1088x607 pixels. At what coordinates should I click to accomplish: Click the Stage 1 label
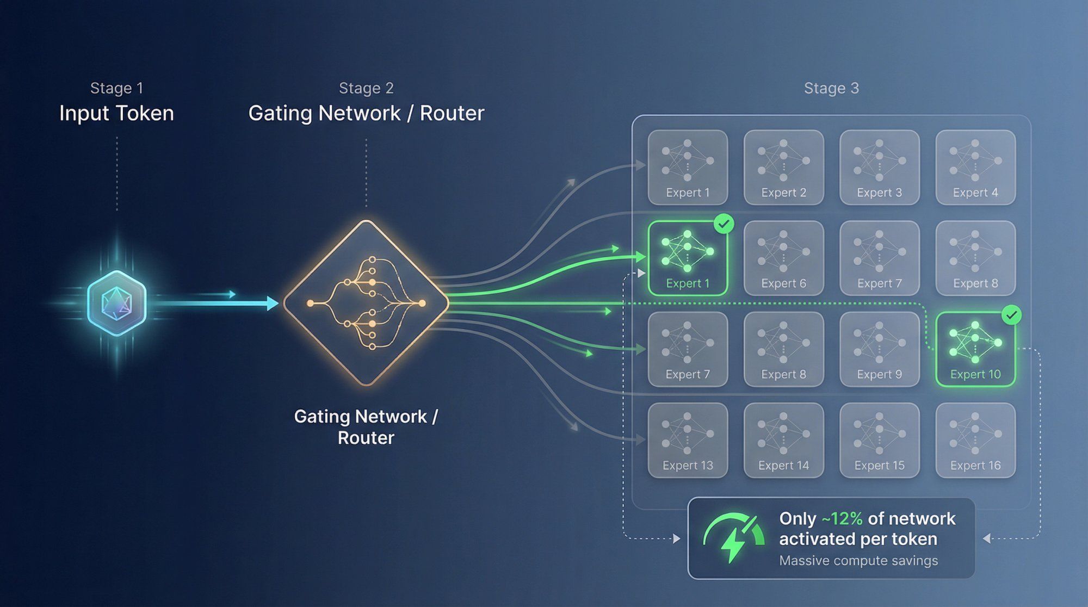116,88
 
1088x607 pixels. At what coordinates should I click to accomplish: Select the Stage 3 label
831,88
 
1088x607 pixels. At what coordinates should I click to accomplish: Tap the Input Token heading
116,113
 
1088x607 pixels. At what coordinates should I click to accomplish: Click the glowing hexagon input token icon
116,303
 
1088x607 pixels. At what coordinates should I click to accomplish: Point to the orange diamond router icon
366,303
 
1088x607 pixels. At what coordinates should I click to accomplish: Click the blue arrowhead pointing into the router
273,303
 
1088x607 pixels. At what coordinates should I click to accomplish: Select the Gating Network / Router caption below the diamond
366,427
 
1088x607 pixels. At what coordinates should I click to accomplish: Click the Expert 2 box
783,167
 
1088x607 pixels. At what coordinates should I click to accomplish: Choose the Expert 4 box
975,167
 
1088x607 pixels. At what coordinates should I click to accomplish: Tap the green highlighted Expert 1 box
688,258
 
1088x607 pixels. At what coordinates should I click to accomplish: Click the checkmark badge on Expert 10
1011,315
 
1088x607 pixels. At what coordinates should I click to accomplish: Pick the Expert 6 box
783,258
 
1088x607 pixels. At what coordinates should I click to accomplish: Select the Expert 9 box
879,349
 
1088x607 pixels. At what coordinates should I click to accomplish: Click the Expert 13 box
688,440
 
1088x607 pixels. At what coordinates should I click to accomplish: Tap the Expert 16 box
975,440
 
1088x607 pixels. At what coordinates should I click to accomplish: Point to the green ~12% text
842,519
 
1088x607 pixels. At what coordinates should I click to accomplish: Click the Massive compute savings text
858,561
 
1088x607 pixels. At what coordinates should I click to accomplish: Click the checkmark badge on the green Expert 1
724,224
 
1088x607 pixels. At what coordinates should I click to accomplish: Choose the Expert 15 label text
879,466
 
